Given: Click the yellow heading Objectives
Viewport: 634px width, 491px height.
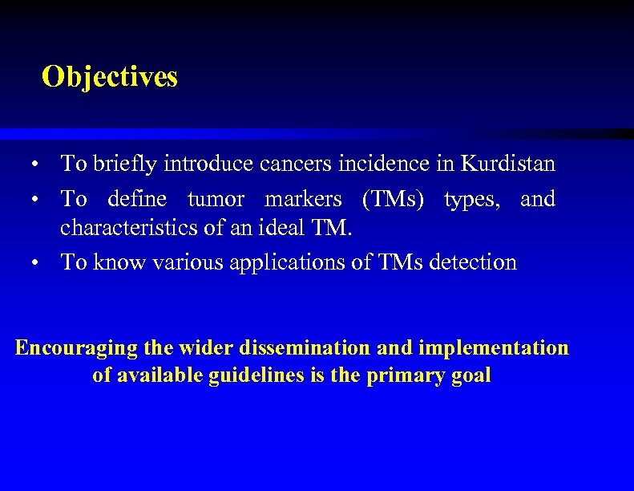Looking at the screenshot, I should pyautogui.click(x=110, y=77).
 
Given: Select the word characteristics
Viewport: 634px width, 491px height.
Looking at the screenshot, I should pyautogui.click(x=131, y=228).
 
